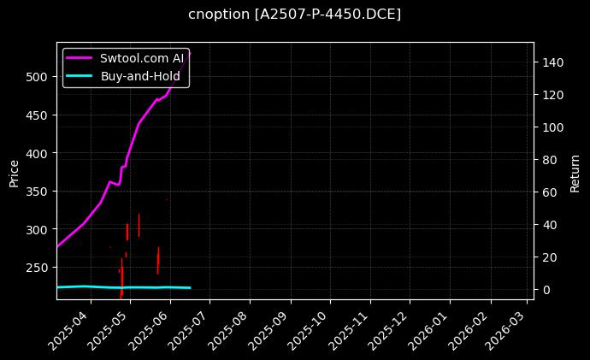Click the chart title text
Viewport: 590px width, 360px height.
(294, 15)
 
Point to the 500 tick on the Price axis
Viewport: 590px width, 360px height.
(37, 77)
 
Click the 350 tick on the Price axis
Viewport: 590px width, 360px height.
(37, 192)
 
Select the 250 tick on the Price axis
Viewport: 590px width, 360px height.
(37, 268)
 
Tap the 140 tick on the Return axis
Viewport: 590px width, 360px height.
(552, 62)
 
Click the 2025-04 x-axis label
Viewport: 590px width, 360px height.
(70, 328)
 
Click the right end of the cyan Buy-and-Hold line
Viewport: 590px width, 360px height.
(190, 288)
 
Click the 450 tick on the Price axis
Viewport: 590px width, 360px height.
(37, 115)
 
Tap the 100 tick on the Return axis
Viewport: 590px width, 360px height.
(552, 127)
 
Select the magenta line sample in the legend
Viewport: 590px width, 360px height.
(80, 58)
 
